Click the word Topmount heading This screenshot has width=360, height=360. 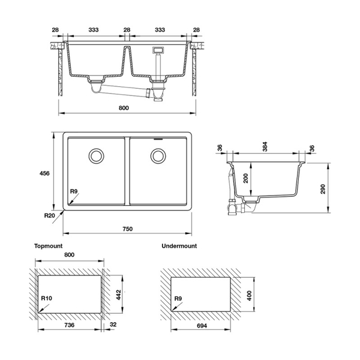47,246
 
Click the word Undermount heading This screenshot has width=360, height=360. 179,246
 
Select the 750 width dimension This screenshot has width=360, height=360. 127,229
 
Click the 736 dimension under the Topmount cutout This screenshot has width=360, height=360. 70,326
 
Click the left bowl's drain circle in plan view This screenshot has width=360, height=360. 95,156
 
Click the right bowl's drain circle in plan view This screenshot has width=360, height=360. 159,156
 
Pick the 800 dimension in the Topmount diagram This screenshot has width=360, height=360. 69,256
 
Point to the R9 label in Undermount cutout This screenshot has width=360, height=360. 178,298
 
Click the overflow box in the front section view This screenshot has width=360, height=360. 160,50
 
